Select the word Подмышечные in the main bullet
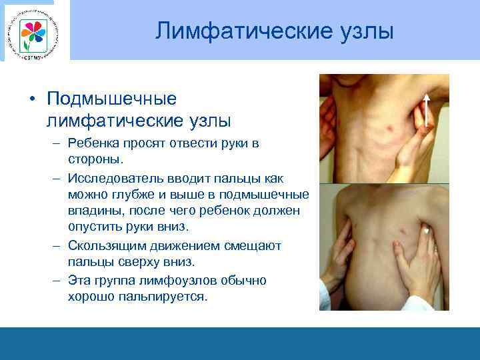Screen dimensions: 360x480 pyautogui.click(x=111, y=99)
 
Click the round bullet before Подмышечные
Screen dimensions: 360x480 pyautogui.click(x=32, y=99)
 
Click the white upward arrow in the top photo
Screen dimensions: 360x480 pyautogui.click(x=425, y=110)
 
